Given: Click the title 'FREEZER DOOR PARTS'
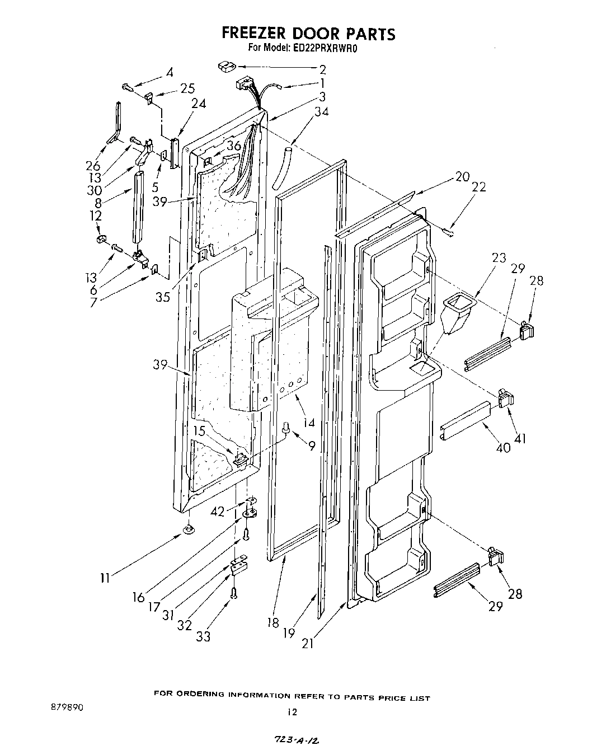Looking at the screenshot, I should coord(308,34).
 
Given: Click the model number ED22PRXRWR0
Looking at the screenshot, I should coord(325,49).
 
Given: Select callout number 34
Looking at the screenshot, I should coord(321,112).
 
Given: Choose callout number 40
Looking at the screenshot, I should coord(503,447).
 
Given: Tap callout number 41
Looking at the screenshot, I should coord(520,439).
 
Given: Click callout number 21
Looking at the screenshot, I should coord(307,644).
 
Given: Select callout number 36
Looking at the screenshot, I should coord(234,146).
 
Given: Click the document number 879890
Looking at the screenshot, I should coord(66,707).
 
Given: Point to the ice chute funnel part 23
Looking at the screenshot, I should coord(456,313).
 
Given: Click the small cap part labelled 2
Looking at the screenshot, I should coord(225,67).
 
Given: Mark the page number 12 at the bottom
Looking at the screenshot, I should coord(290,712).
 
